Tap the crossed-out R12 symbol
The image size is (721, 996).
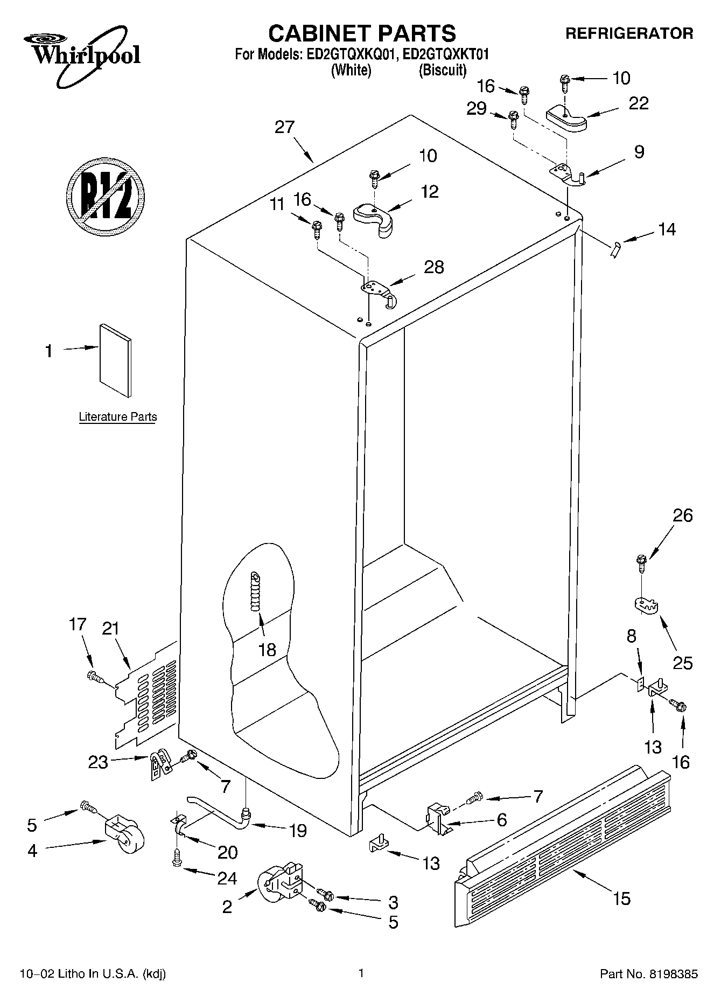(106, 196)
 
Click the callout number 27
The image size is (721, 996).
(284, 127)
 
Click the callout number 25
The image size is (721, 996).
(682, 662)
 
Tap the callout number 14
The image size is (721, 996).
(667, 229)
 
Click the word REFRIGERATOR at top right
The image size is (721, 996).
(629, 33)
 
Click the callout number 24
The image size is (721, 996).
(227, 879)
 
